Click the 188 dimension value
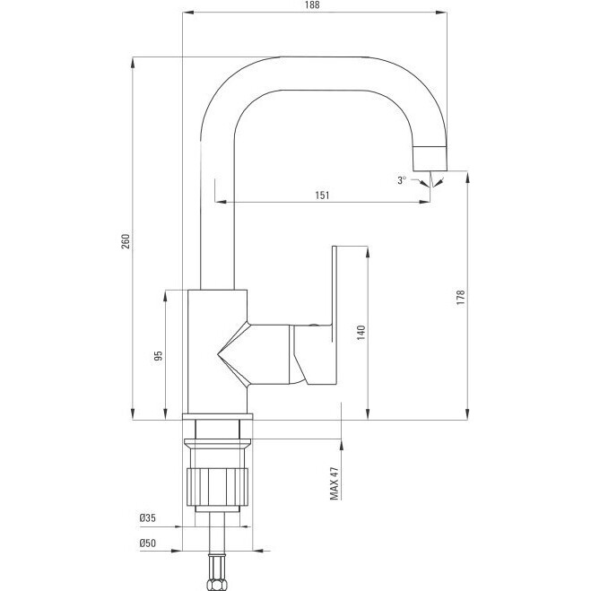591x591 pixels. click(312, 4)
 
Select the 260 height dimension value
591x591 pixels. click(126, 241)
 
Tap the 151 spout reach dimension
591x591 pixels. click(322, 196)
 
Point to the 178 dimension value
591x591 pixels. click(461, 298)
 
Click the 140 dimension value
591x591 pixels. click(361, 333)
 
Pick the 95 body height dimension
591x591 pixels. click(159, 355)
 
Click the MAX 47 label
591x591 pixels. click(335, 483)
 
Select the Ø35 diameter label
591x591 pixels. click(147, 517)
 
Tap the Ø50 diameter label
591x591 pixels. click(147, 543)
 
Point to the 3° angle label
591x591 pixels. click(402, 180)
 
